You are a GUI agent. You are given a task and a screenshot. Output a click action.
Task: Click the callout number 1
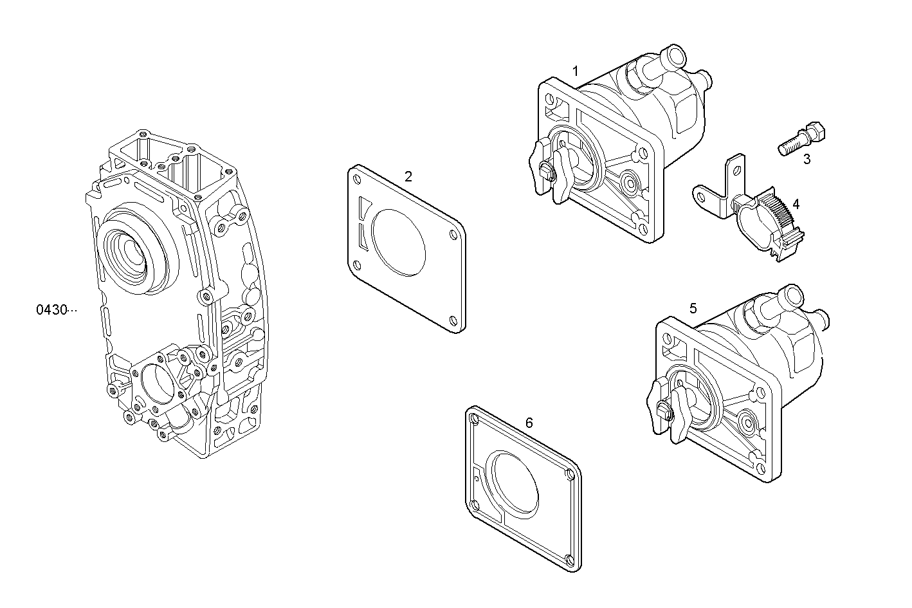tap(576, 69)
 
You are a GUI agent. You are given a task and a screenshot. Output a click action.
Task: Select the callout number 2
tap(408, 176)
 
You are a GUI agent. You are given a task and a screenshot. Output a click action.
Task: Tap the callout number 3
tap(807, 160)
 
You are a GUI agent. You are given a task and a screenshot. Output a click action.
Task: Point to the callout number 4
tap(796, 204)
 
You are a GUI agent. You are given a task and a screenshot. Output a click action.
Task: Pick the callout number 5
tap(693, 308)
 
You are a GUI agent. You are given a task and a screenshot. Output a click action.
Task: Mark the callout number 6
tap(529, 423)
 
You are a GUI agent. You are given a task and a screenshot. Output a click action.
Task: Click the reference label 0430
tap(51, 310)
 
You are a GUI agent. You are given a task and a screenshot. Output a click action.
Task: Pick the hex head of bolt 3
tap(815, 133)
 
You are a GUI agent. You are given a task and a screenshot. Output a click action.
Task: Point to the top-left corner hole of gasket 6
tap(475, 419)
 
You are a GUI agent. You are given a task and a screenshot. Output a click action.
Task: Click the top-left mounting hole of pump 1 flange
tap(550, 101)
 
